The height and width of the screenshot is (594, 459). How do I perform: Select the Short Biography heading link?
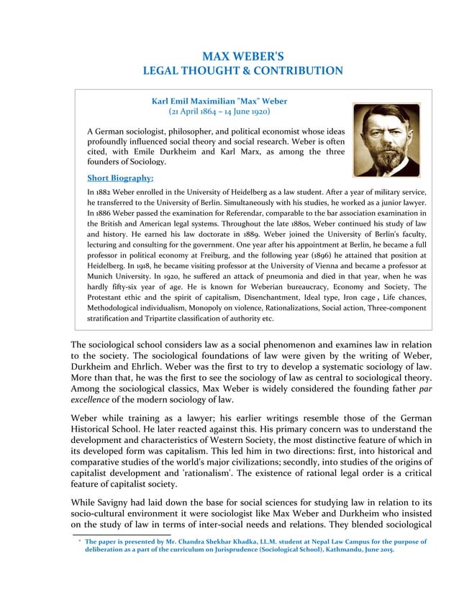[x=120, y=178]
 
